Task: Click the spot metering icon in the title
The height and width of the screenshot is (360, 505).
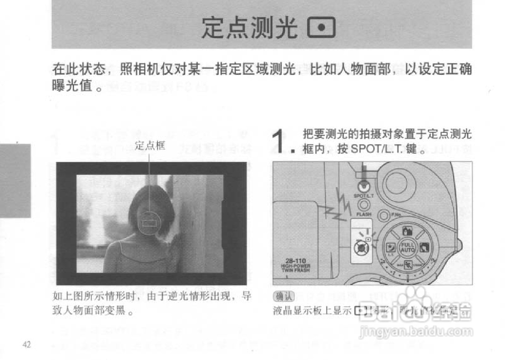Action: point(321,28)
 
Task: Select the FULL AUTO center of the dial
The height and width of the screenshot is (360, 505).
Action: point(407,247)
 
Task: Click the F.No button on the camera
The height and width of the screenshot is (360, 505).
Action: point(383,215)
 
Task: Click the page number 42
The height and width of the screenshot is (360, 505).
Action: point(27,344)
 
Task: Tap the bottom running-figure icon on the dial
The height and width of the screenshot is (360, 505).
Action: point(407,264)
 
